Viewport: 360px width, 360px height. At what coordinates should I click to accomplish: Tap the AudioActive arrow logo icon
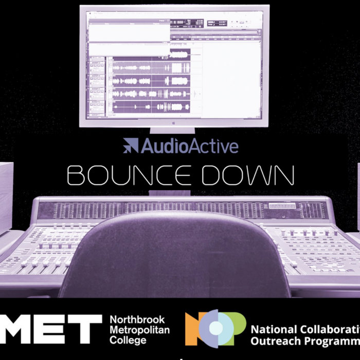pyautogui.click(x=131, y=146)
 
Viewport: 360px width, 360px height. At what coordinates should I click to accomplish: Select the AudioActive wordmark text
pyautogui.click(x=190, y=146)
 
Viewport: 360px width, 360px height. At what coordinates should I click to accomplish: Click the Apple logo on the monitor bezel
pyautogui.click(x=174, y=123)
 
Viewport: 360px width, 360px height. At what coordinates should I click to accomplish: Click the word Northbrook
pyautogui.click(x=135, y=320)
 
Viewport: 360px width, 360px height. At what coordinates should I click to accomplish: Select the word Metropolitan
pyautogui.click(x=139, y=330)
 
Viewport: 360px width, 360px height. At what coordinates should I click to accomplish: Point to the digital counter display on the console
pyautogui.click(x=282, y=206)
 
